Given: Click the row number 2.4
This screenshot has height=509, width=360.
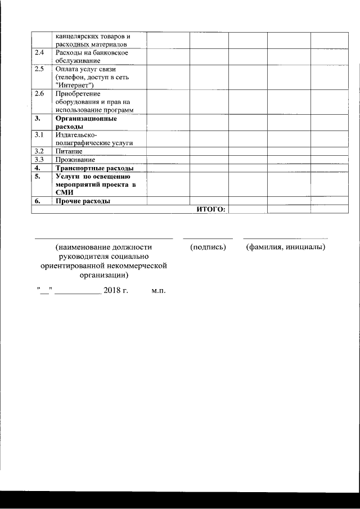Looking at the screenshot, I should pyautogui.click(x=39, y=53).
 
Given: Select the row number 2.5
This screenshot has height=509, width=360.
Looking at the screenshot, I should pyautogui.click(x=39, y=69).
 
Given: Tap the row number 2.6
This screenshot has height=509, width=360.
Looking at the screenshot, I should pyautogui.click(x=39, y=93).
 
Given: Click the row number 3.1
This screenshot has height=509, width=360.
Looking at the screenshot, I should pyautogui.click(x=39, y=136).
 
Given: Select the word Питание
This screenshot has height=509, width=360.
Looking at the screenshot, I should pyautogui.click(x=69, y=151).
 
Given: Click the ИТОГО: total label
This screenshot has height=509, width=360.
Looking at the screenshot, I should pyautogui.click(x=211, y=209).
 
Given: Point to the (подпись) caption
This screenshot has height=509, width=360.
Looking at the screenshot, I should pyautogui.click(x=208, y=247).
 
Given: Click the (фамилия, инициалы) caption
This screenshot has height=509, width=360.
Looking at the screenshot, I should pyautogui.click(x=286, y=247).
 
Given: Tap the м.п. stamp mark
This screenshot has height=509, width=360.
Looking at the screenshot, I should pyautogui.click(x=159, y=291).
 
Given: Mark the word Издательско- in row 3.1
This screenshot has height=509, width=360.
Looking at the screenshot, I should pyautogui.click(x=77, y=136).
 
